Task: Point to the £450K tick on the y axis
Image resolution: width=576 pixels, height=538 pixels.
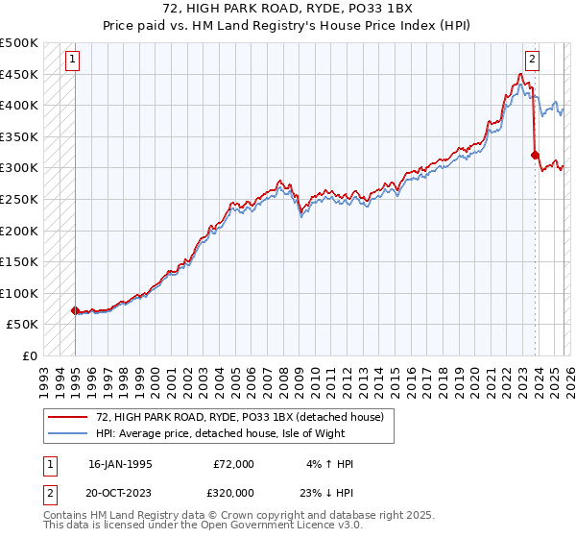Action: (19, 74)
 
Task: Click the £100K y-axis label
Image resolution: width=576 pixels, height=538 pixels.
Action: (19, 293)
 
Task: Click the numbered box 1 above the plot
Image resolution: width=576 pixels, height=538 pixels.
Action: (73, 61)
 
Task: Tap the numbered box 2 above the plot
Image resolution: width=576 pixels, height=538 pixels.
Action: (533, 61)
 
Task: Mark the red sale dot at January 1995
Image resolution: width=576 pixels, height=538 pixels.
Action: (75, 310)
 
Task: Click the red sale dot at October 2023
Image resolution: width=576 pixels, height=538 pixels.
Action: (534, 155)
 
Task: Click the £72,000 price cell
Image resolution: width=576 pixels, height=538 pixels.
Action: (233, 464)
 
